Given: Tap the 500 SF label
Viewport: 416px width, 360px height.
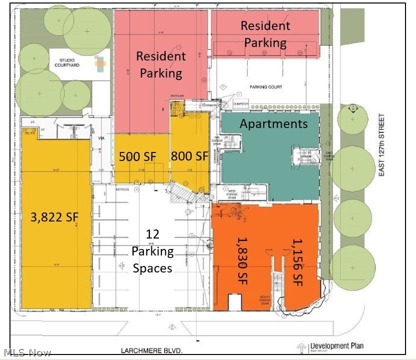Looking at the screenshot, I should point(137,156).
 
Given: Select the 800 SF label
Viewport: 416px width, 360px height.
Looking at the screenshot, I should point(189,156).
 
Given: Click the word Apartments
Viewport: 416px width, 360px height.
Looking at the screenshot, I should point(273,123).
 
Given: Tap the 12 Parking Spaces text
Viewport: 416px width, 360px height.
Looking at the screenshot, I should point(152,251).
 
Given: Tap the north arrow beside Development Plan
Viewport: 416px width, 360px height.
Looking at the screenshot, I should point(301,348).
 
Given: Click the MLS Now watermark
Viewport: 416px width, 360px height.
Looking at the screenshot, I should point(26,352).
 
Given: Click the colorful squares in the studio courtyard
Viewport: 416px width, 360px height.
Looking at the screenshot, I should point(99,63).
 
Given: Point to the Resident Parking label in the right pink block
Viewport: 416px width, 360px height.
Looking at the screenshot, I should point(265,34).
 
